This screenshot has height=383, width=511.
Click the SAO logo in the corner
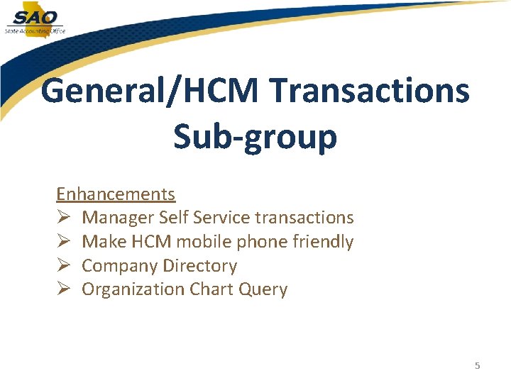(x=33, y=19)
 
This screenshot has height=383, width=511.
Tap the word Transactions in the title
(x=370, y=91)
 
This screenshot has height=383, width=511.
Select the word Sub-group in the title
(x=255, y=137)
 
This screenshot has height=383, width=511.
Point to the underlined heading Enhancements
(x=116, y=194)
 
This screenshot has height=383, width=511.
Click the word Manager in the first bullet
(x=118, y=218)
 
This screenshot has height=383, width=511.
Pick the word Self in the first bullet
(x=173, y=218)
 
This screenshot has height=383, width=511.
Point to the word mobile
(x=202, y=242)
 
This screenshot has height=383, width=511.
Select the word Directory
(x=200, y=266)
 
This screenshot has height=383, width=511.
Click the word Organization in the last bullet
(x=133, y=289)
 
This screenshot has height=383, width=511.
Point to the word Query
(x=263, y=290)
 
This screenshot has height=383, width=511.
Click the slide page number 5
(x=478, y=366)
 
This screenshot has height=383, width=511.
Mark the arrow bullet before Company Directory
(x=63, y=266)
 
